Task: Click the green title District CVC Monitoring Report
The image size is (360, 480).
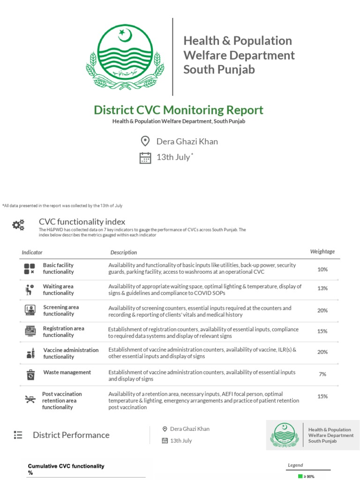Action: [179, 110]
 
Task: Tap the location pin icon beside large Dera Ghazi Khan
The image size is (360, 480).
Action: [145, 141]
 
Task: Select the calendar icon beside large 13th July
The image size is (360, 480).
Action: [145, 157]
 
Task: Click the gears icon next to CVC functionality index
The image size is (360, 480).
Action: [18, 225]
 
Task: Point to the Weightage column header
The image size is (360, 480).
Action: [322, 252]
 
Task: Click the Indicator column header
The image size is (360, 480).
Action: [32, 253]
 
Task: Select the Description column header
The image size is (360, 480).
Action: [124, 253]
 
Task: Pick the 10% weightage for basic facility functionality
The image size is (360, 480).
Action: [322, 270]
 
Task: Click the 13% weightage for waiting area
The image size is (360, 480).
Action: [322, 288]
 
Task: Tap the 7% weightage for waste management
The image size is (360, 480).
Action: [322, 374]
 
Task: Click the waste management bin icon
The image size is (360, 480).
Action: [30, 375]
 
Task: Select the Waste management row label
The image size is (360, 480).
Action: [67, 373]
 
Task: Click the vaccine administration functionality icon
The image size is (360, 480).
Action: [30, 353]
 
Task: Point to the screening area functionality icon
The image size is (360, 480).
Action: [30, 310]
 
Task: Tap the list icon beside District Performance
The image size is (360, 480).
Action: [18, 435]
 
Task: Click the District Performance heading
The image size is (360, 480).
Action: [71, 435]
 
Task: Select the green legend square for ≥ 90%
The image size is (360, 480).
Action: [300, 476]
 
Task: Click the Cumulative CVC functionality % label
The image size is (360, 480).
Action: [66, 469]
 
